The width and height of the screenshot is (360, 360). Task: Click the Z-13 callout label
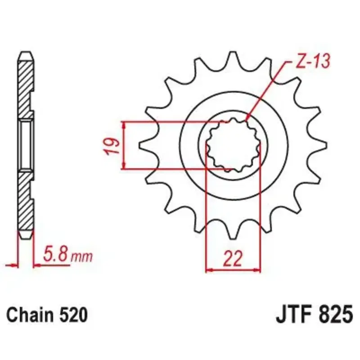pos(313,61)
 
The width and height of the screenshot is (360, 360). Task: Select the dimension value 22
pos(233,258)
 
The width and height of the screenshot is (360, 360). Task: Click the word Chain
pos(30,315)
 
